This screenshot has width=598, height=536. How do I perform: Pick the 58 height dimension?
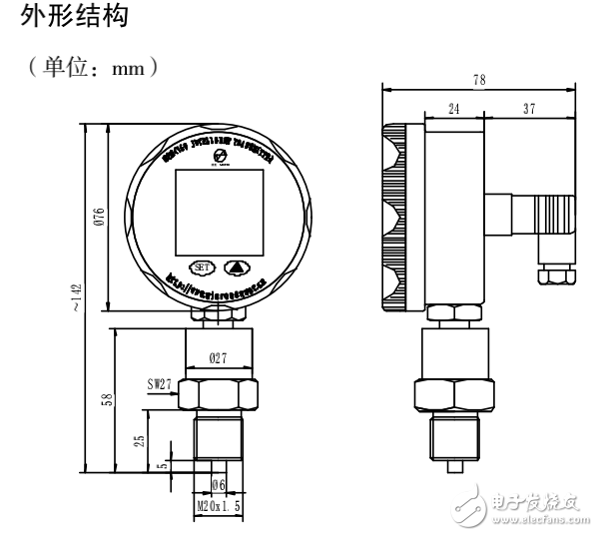(x=108, y=400)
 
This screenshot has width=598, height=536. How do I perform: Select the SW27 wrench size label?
(x=158, y=381)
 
